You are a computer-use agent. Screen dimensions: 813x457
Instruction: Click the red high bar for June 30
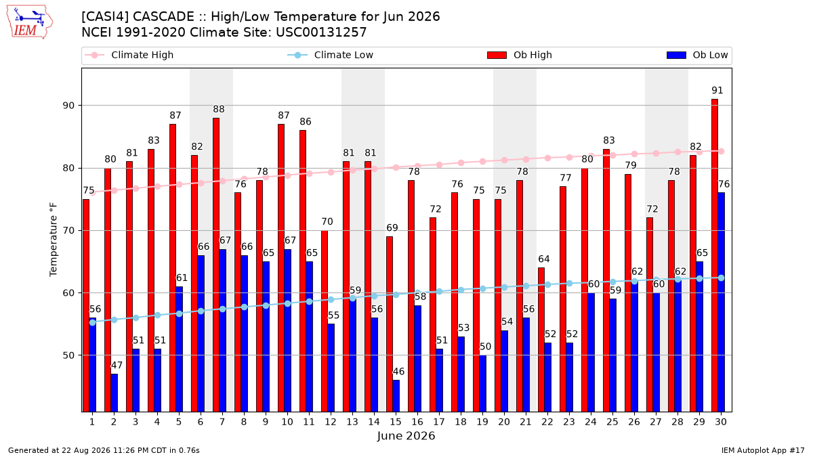click(x=715, y=255)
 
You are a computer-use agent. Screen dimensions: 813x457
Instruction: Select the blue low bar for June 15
click(x=396, y=395)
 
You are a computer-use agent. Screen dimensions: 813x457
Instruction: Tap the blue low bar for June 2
click(x=114, y=393)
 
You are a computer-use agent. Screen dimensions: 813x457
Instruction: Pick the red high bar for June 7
click(x=216, y=265)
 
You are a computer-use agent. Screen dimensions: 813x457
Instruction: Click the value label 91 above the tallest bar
click(x=717, y=90)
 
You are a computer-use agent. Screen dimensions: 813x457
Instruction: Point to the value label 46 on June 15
click(x=398, y=372)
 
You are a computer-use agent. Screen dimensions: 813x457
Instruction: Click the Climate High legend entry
click(x=129, y=55)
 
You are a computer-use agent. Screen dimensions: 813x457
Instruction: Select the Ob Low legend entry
click(x=697, y=55)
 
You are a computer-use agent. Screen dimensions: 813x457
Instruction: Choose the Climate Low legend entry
click(x=331, y=55)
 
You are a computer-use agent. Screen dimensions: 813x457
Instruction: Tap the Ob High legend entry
click(x=520, y=55)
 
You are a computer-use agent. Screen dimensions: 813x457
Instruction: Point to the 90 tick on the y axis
click(x=68, y=106)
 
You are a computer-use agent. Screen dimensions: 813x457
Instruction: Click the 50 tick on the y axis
click(x=68, y=355)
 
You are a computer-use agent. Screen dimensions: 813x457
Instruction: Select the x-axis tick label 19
click(x=482, y=422)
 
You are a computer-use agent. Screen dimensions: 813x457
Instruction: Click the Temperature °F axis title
click(x=54, y=240)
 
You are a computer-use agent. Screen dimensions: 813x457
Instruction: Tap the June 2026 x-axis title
click(x=406, y=435)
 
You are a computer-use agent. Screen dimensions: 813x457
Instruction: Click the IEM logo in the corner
click(x=29, y=22)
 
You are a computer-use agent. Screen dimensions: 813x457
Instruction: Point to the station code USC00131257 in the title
click(x=321, y=32)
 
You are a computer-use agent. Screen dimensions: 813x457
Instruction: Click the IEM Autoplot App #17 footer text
click(x=763, y=450)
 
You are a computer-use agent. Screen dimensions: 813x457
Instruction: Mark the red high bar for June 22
click(x=541, y=340)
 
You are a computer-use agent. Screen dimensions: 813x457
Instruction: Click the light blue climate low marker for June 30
click(x=721, y=278)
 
